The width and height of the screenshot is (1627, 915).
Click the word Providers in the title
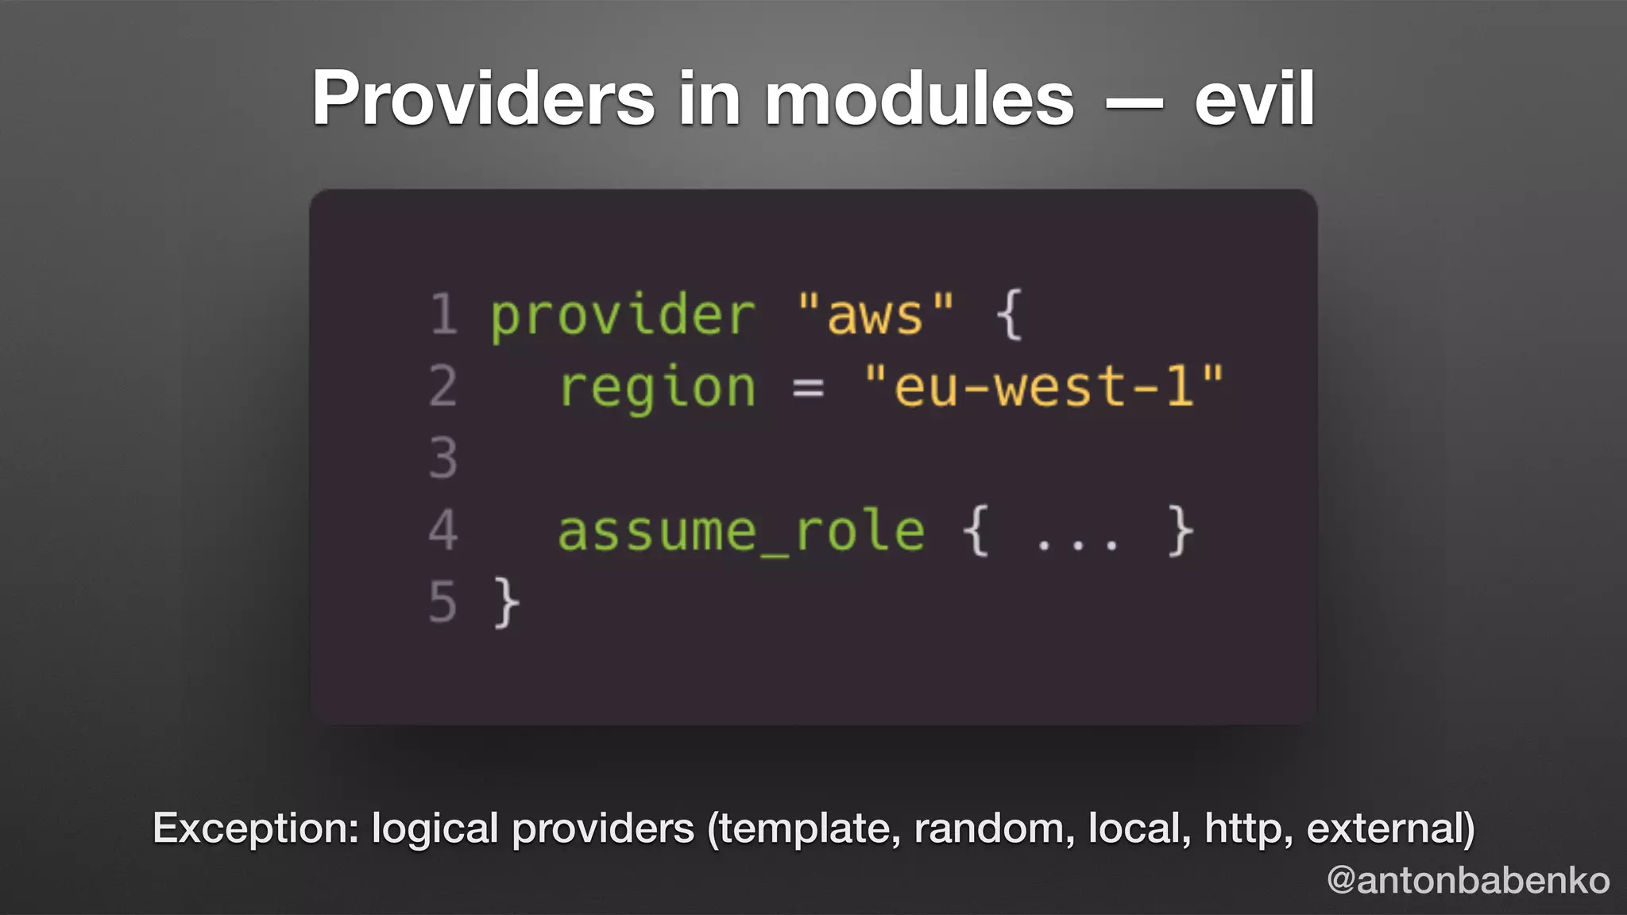(483, 98)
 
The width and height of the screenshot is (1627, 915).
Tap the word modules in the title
(919, 98)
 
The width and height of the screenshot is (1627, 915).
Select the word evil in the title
(1254, 98)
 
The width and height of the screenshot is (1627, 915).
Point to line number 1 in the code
(443, 315)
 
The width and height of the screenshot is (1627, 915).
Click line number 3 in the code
(443, 458)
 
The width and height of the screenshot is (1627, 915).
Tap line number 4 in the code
(443, 531)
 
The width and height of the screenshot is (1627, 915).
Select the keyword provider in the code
(622, 316)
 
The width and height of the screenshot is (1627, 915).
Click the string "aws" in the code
(875, 315)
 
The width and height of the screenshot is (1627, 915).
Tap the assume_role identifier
(741, 532)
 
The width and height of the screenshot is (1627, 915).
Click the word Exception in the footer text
(256, 828)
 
